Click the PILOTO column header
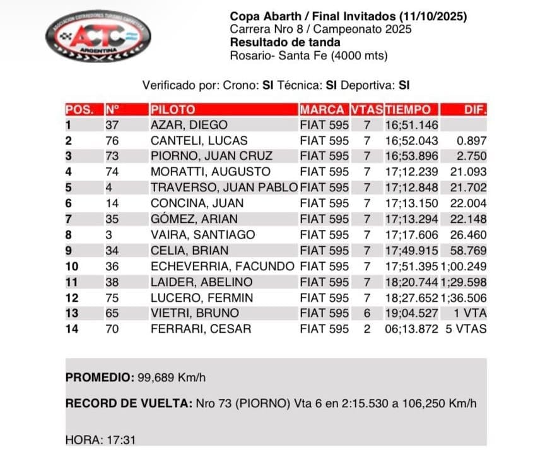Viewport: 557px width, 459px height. (173, 109)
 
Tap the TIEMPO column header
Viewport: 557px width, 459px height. (409, 109)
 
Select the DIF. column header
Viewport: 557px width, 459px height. (474, 109)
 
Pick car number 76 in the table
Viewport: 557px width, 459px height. (112, 141)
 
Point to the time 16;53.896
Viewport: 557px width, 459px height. (411, 156)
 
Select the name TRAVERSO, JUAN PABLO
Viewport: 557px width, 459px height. (224, 188)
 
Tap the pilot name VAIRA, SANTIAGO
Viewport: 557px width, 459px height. (202, 235)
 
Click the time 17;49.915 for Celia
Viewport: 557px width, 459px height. (411, 251)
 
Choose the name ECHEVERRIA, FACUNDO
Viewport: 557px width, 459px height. (223, 266)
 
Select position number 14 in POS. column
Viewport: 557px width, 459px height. (72, 329)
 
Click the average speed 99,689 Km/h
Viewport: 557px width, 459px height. (171, 378)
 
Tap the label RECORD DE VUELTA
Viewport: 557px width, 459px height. (126, 403)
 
